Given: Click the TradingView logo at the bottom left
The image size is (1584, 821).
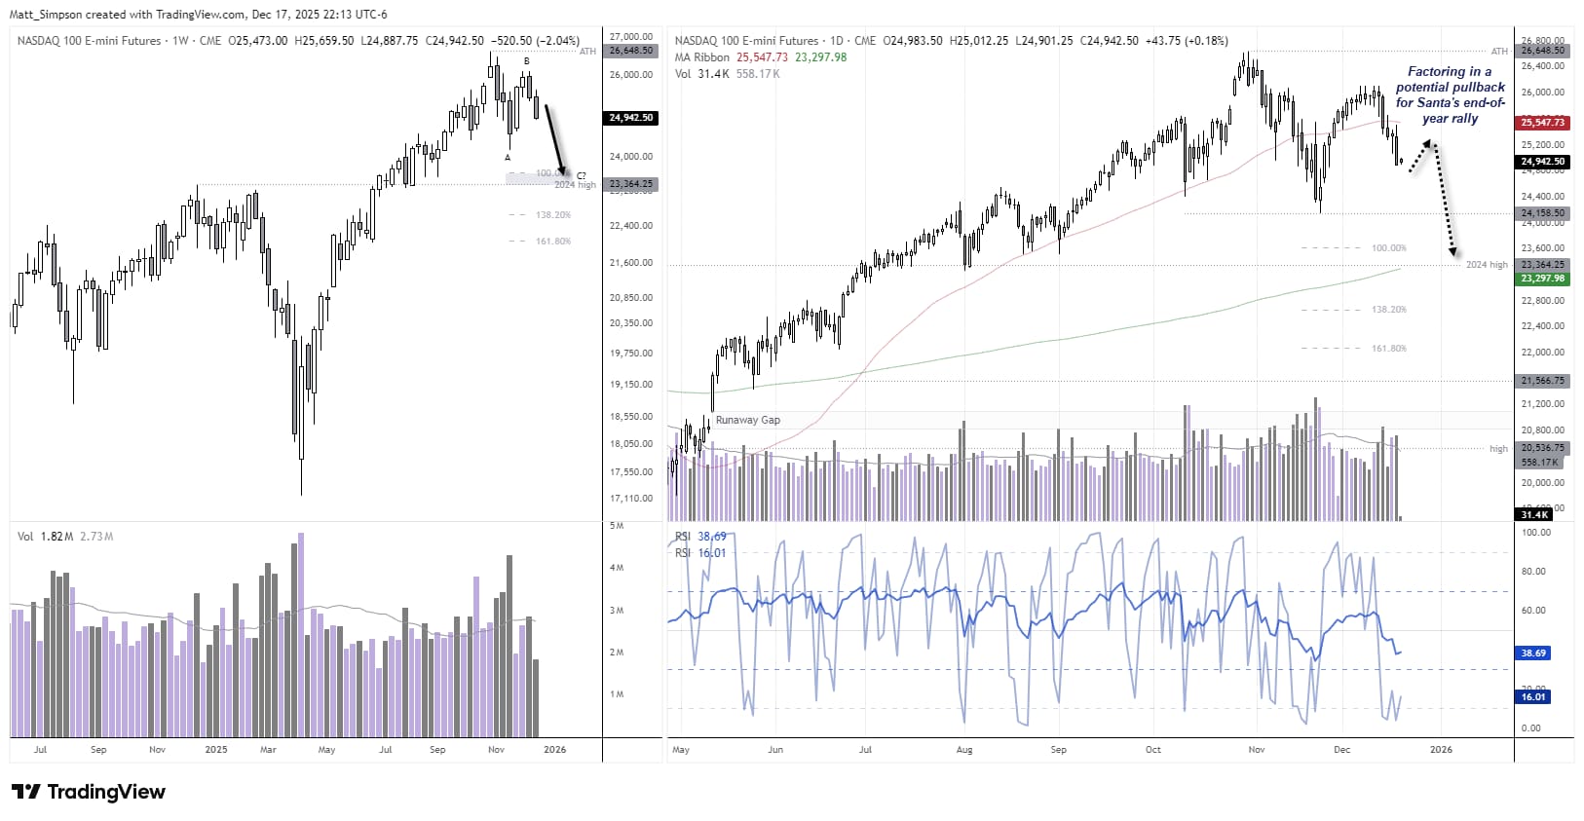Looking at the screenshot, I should coord(89,792).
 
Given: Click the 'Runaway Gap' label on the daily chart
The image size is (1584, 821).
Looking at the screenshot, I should coord(747,420).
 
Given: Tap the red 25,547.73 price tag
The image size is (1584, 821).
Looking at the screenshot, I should coord(1542,123).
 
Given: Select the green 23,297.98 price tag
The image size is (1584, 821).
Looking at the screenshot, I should coord(1542,279).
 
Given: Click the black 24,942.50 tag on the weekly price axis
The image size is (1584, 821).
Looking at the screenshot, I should coord(631,118).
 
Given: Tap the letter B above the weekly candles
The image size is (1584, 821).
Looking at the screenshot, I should coord(527,61).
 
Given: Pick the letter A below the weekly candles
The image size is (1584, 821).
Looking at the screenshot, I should coord(508,158).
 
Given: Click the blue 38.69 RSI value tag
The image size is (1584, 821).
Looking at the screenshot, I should coord(1533,653).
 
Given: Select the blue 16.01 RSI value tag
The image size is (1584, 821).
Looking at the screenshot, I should coord(1533,697).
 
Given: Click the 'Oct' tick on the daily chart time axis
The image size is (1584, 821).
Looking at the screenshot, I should coord(1153,750).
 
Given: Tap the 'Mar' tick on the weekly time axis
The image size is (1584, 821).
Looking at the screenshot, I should coord(268,750).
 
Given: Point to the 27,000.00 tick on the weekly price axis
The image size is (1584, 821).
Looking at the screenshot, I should coord(631,37).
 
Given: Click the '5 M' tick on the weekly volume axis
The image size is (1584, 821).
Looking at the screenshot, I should coord(617,526).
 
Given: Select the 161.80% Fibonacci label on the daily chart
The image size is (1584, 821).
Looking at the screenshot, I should coord(1388,349).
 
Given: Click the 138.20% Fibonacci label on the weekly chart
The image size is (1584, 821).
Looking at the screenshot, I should coord(552,215).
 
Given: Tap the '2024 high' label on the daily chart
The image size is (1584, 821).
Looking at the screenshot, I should coord(1486,265).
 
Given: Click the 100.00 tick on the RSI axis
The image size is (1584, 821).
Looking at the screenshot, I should coord(1535,533).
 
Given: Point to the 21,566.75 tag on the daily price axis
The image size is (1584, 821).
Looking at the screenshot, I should coord(1542,381).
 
